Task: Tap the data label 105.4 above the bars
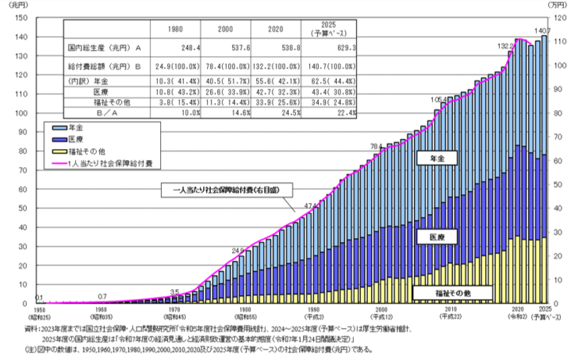click(439, 101)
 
